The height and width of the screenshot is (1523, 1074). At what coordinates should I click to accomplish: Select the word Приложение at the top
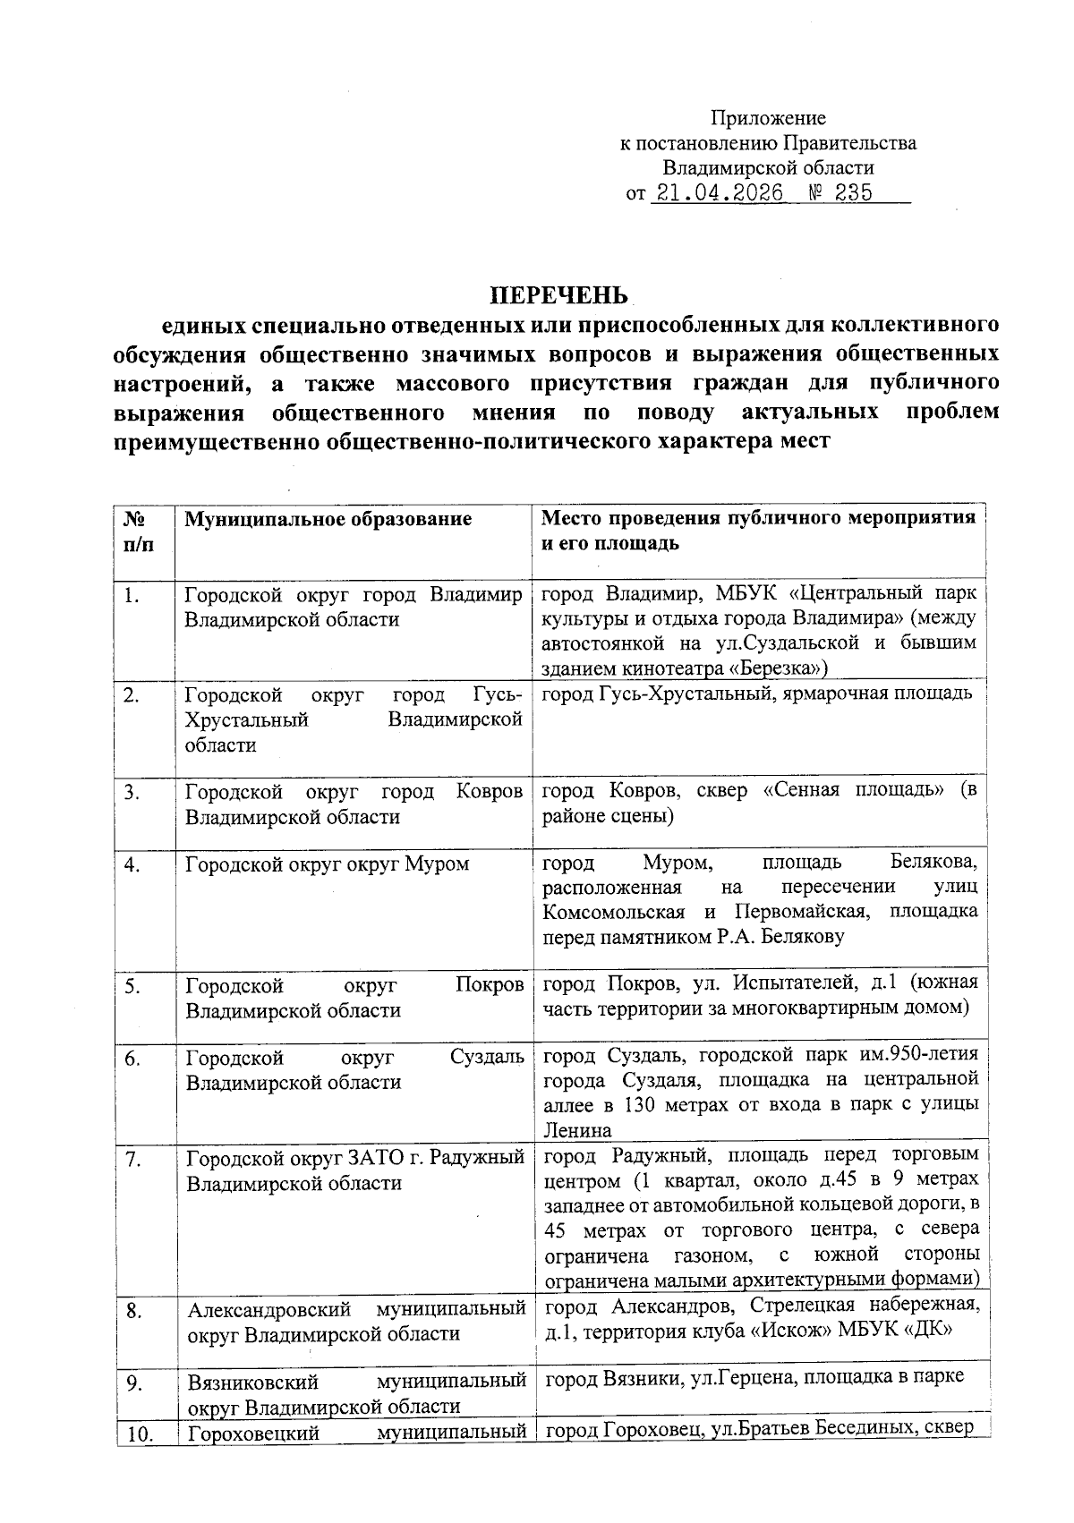pos(768,118)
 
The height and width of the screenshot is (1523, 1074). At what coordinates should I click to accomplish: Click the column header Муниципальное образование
pos(328,519)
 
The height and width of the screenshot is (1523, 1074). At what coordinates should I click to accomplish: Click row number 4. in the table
pos(132,864)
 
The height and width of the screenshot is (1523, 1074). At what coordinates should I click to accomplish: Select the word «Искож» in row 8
pos(788,1331)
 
